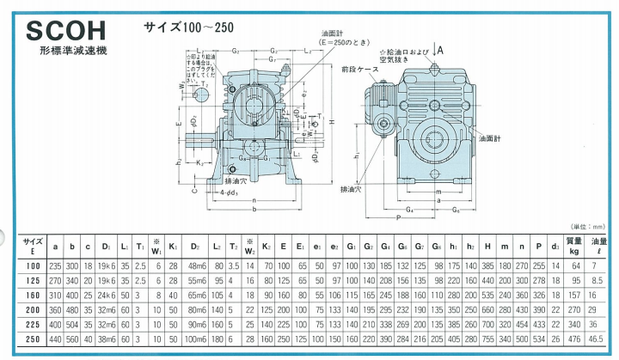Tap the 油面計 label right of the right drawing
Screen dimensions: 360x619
(491, 137)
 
